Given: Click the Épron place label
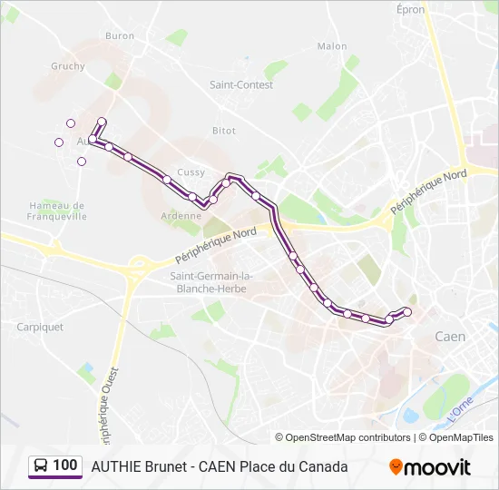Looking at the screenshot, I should pos(411,8).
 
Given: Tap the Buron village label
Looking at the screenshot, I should pos(120,36).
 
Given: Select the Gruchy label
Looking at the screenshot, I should pos(68,66).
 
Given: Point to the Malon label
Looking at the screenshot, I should pos(332,46).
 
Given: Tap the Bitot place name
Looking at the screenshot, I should pos(224,131).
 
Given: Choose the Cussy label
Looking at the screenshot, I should pos(191,172).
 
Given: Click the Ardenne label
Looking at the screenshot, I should pos(181,216).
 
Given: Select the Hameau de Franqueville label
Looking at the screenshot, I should pos(57,211).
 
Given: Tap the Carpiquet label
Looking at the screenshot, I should pos(40,327).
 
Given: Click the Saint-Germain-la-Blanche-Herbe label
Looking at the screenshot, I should pos(211,282).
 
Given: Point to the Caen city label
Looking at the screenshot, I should pos(450,337).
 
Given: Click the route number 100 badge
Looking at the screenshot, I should pos(55,465).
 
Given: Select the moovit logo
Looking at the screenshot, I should pos(430,467).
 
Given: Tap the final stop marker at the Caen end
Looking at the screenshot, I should pos(407,312).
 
